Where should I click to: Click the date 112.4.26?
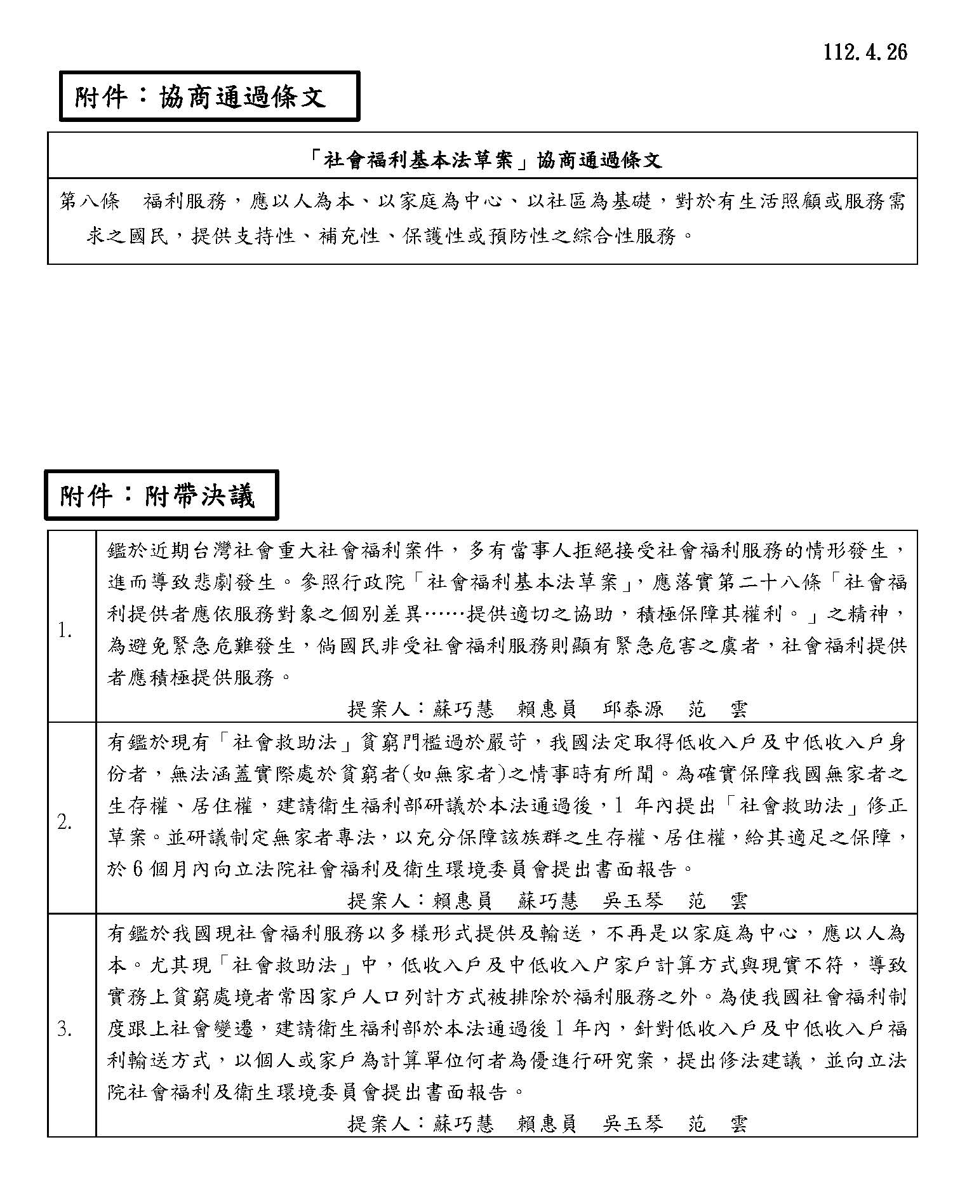(x=865, y=52)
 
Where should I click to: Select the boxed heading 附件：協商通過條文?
(x=200, y=97)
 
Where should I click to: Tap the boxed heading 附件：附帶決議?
(x=158, y=495)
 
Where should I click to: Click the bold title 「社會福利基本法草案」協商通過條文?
(x=483, y=159)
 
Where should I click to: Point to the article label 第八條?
(x=90, y=201)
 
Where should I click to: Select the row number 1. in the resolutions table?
(x=65, y=631)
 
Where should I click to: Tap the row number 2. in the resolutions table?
(x=65, y=823)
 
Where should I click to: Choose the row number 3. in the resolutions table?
(x=65, y=1030)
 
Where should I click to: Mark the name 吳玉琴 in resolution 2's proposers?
(x=633, y=901)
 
